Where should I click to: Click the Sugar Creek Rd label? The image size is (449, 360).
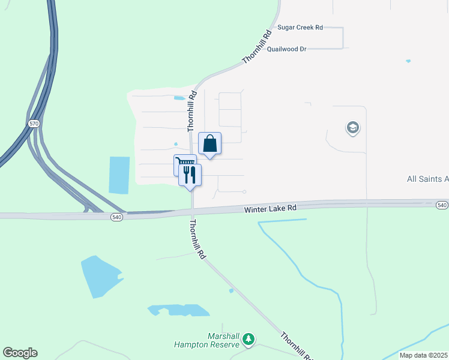pos(300,28)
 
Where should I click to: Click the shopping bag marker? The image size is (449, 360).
pos(209,143)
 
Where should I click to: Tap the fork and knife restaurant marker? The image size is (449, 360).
pos(190,175)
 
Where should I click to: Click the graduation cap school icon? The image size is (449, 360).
pos(352,128)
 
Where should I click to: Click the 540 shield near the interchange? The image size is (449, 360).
pos(116,217)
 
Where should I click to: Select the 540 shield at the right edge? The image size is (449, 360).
pos(442,205)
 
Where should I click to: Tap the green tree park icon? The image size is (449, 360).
pos(249,340)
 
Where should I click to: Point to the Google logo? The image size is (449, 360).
pos(20,353)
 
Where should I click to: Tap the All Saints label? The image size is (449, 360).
pos(427,179)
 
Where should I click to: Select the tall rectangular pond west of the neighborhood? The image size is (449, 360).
pos(119,175)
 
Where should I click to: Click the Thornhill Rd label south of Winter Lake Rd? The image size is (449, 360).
pos(197,239)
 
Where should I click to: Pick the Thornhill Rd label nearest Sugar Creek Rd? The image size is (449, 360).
pos(254,46)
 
